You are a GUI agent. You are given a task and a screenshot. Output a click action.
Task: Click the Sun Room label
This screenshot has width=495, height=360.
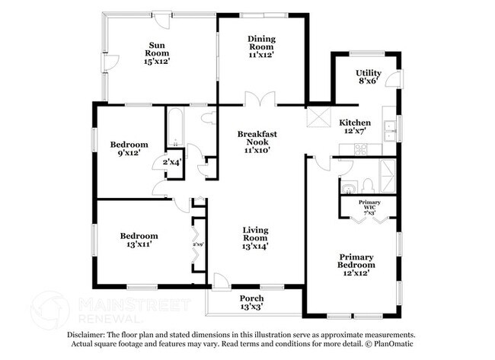click(x=157, y=54)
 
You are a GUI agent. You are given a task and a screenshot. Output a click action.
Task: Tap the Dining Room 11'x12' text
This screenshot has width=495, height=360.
click(x=261, y=46)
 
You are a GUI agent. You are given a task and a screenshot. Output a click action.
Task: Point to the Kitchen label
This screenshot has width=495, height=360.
click(x=355, y=126)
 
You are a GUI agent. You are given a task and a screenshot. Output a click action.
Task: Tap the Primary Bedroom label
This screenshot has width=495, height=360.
click(x=356, y=265)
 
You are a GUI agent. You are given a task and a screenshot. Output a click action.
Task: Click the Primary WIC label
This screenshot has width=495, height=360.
click(x=369, y=209)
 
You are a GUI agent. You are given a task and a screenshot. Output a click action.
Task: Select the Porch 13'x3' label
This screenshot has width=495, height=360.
click(x=251, y=301)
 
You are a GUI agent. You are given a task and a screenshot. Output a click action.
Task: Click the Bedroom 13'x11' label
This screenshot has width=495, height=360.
click(x=139, y=241)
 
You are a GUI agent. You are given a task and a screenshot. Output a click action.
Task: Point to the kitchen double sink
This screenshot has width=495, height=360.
click(x=389, y=131)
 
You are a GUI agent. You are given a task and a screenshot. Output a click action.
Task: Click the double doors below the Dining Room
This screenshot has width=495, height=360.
click(x=260, y=100)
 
